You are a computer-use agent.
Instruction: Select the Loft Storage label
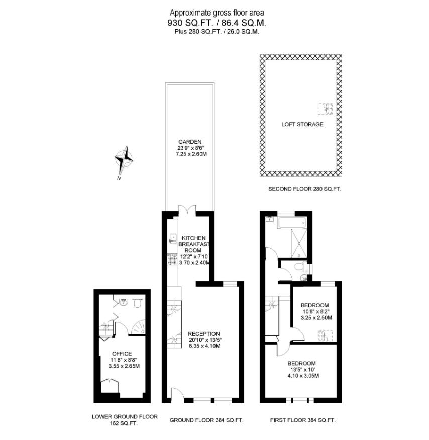coord(302,124)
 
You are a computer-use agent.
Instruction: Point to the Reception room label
coord(203,333)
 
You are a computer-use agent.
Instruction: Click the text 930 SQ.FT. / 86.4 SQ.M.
coord(217,23)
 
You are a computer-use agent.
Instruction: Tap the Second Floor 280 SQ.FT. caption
coord(304,189)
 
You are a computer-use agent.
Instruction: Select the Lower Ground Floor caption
coord(125,416)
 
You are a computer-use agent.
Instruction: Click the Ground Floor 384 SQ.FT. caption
coord(206,420)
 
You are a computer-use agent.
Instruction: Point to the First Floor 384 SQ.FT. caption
coord(302,420)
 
